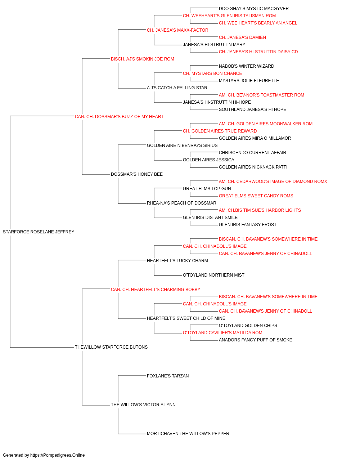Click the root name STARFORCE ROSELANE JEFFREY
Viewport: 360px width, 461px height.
point(39,232)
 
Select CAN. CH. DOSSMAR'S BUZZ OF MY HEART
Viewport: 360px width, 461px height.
point(119,117)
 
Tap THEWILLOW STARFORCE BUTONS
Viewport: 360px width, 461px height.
point(111,347)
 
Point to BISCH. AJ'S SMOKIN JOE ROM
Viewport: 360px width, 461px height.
point(143,59)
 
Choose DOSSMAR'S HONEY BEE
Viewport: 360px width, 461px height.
point(137,174)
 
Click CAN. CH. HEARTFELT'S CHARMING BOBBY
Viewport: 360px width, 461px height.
point(156,289)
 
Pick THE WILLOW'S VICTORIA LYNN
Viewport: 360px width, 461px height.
point(143,404)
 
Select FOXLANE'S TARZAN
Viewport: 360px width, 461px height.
point(168,376)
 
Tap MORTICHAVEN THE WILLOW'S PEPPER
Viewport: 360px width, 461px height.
point(188,433)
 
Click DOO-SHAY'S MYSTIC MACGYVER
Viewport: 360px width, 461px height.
point(254,9)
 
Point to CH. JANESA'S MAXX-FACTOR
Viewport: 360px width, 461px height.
point(178,30)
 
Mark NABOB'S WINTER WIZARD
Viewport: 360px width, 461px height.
point(247,66)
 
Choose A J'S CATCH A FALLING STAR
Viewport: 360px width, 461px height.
point(177,88)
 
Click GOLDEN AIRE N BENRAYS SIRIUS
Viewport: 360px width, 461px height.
point(182,145)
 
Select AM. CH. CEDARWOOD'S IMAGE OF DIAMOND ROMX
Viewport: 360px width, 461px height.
point(273,182)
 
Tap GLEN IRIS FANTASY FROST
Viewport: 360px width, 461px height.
point(248,225)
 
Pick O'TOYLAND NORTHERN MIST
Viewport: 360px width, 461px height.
point(214,275)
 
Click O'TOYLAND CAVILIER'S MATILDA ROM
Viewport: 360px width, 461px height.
point(222,333)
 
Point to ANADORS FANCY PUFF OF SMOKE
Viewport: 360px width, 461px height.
point(256,340)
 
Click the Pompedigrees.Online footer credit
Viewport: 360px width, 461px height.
point(44,455)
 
